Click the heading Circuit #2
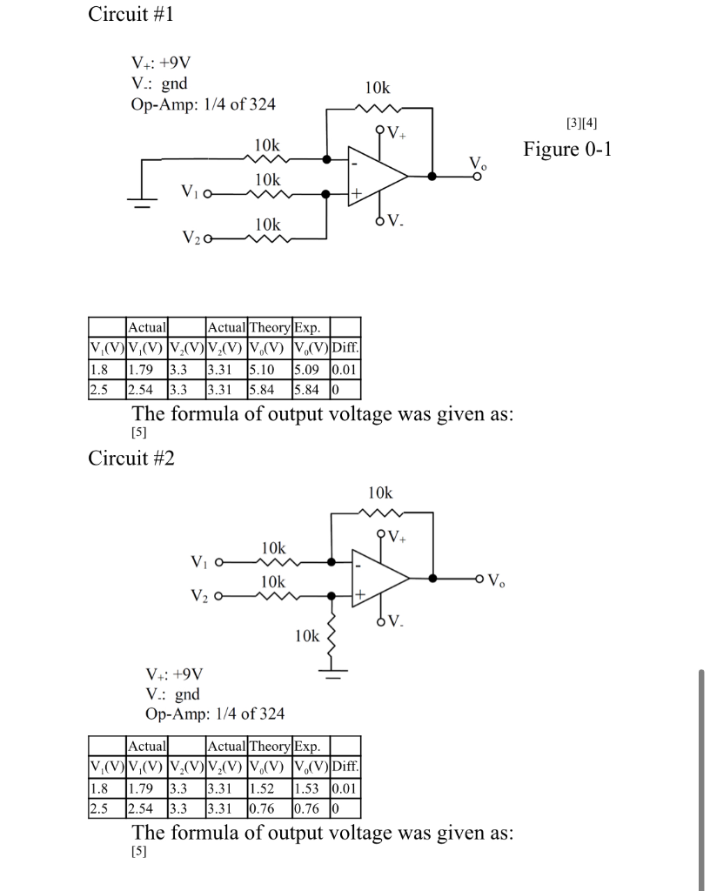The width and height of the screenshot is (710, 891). (131, 459)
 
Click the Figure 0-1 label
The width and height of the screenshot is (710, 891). (568, 149)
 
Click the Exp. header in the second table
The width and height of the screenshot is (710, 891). (307, 746)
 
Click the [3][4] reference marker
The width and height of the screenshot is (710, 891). (581, 124)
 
